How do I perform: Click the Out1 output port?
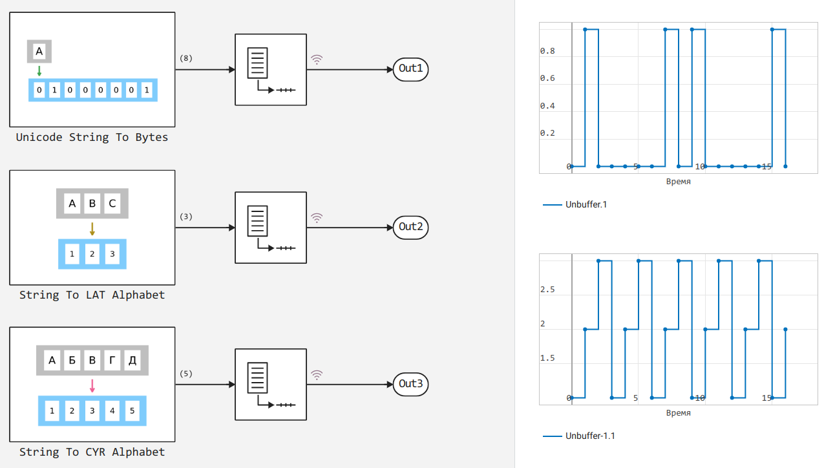pos(410,69)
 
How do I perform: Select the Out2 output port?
pos(410,227)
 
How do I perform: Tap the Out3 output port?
pos(410,384)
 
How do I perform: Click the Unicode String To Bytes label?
pos(92,137)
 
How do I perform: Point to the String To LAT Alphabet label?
pos(92,295)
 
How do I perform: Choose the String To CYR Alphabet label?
pos(92,452)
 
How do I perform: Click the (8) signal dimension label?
pos(186,58)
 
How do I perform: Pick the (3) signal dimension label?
pos(186,217)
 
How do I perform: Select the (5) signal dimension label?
pos(186,374)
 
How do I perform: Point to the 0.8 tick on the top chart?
pos(547,51)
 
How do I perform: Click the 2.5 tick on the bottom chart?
pos(547,290)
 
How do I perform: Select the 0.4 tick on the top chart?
pos(547,106)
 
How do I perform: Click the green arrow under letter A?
pos(39,70)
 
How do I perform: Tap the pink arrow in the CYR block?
pos(92,386)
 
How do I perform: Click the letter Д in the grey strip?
pos(132,361)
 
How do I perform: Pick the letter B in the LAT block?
pos(92,204)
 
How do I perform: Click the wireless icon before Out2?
pos(317,218)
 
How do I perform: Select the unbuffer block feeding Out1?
pos(270,69)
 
